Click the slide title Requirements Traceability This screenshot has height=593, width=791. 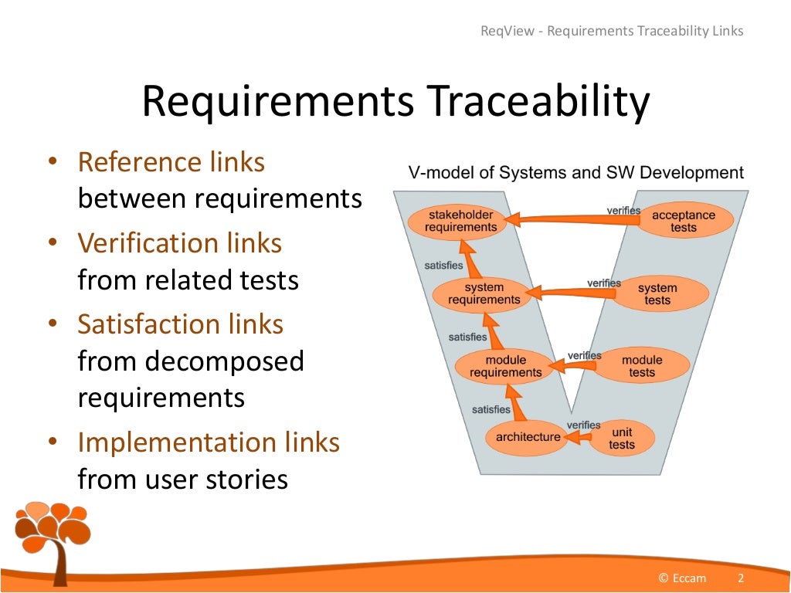coord(395,103)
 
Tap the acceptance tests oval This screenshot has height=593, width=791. coord(684,221)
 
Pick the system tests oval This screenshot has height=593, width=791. coord(657,294)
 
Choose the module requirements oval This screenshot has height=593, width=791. coord(506,366)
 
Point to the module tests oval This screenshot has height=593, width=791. coord(642,366)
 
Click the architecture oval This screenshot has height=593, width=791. coord(528,437)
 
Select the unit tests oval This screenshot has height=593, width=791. coord(621,438)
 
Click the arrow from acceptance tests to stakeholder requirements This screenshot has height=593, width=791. coord(575,220)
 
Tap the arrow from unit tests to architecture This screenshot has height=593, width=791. coord(575,438)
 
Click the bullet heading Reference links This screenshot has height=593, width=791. coord(171,162)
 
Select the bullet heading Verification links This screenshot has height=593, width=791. coord(180,243)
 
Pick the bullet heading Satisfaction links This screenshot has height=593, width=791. coord(181,324)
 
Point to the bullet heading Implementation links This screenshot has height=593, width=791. coord(209,442)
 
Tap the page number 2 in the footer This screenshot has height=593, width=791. coord(741,578)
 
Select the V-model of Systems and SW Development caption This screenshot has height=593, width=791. coord(575,173)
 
